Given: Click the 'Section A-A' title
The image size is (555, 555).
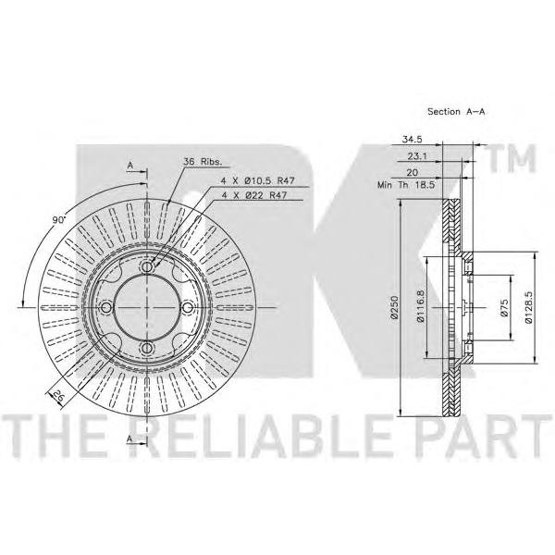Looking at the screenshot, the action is [x=456, y=112].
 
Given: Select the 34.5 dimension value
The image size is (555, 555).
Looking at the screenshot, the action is [x=412, y=139].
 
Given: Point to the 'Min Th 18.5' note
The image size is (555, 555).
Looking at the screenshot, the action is [x=406, y=185].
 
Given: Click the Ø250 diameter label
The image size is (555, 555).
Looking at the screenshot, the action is [x=394, y=308].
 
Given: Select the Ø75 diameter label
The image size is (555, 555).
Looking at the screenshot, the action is [x=504, y=307].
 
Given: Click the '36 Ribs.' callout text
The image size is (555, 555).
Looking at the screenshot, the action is [x=203, y=162].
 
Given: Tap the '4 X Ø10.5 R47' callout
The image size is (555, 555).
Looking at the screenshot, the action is [x=258, y=181].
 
